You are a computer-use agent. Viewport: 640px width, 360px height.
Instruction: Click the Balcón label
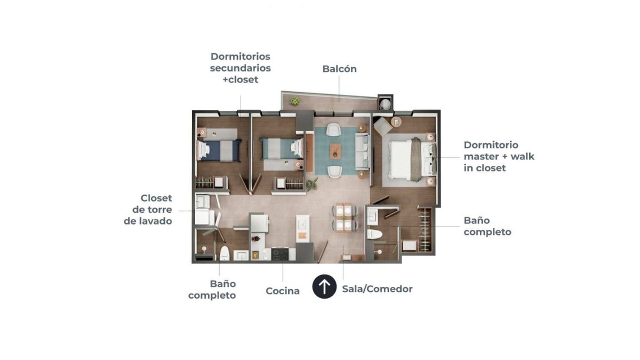(x=339, y=69)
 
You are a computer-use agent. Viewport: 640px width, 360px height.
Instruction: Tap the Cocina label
(x=283, y=291)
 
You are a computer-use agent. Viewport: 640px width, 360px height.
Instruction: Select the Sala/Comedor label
(x=377, y=289)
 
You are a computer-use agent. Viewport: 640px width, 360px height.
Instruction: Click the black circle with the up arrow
(x=324, y=286)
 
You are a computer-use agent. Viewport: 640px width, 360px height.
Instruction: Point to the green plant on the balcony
(x=295, y=101)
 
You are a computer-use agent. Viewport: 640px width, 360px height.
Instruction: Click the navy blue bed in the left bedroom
(x=219, y=150)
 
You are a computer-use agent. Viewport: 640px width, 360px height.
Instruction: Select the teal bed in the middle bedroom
(x=282, y=148)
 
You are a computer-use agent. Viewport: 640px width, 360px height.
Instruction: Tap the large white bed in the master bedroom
(x=412, y=159)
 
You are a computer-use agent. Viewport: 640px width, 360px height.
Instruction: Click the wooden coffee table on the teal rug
(x=335, y=151)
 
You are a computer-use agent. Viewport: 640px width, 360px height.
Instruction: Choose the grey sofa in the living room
(x=362, y=151)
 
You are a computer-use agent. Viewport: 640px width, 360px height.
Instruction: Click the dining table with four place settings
(x=344, y=218)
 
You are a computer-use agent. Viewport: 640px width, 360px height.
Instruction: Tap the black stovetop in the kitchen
(x=280, y=254)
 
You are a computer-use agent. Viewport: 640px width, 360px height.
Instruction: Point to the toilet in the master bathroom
(x=374, y=234)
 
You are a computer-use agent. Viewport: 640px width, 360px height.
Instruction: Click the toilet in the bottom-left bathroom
(x=225, y=253)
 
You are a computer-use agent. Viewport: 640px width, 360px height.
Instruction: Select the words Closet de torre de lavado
(x=148, y=210)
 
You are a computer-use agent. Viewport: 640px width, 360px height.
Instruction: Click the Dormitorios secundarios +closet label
(x=241, y=68)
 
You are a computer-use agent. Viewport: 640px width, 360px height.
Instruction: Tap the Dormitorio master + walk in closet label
(x=499, y=156)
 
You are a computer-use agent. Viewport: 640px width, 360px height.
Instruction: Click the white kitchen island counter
(x=302, y=229)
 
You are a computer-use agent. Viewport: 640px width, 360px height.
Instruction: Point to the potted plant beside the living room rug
(x=313, y=183)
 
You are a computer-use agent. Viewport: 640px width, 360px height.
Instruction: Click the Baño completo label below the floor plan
(x=212, y=290)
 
